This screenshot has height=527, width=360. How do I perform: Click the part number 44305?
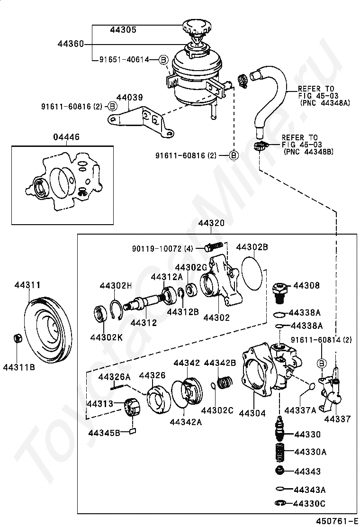123,29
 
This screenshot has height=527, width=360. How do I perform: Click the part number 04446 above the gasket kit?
66,137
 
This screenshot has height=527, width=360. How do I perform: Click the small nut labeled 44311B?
18,339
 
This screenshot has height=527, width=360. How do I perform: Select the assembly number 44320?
211,223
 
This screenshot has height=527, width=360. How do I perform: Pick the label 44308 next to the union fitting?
306,286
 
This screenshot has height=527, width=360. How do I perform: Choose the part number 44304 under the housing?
252,413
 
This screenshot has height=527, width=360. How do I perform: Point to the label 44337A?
300,410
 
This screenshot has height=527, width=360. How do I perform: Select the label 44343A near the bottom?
310,490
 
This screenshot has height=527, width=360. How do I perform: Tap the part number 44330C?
310,503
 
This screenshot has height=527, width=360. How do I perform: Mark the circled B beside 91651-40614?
162,60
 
